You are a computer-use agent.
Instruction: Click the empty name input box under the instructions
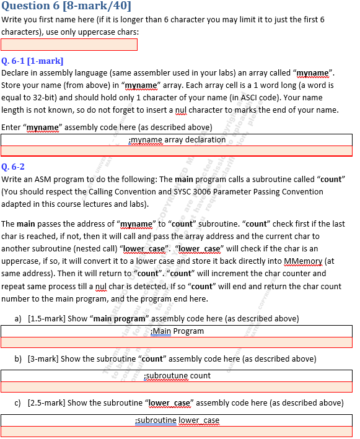tap(69, 45)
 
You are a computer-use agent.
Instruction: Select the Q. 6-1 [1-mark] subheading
tap(33, 61)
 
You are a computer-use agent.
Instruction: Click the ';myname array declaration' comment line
tap(177, 140)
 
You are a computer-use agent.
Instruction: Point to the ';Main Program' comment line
tap(177, 331)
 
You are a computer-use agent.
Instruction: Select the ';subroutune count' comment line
tap(177, 375)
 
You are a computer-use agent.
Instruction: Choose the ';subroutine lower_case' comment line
tap(177, 420)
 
